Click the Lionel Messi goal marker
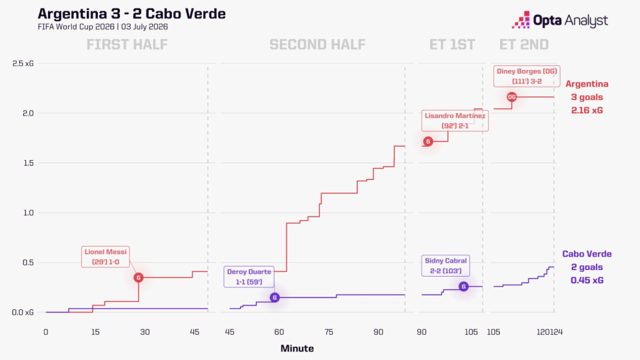(x=139, y=277)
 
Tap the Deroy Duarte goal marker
(x=275, y=297)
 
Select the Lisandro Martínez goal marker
(x=428, y=141)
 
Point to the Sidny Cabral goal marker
(x=463, y=287)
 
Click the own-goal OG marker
(x=512, y=97)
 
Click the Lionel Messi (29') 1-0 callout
(x=105, y=257)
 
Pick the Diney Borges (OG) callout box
(x=527, y=76)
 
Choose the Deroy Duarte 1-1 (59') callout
(x=249, y=277)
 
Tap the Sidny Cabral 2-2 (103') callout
(x=446, y=266)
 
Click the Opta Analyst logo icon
(x=521, y=19)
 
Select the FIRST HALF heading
(x=127, y=45)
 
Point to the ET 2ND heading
(x=524, y=45)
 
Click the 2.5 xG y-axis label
(x=23, y=63)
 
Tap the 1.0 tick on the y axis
(x=28, y=213)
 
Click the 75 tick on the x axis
(x=329, y=332)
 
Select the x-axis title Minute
(x=297, y=348)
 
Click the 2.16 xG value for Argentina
(x=587, y=110)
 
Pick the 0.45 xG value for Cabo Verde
(x=587, y=280)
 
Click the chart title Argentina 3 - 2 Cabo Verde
(x=131, y=13)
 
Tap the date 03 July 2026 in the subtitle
(x=145, y=27)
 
